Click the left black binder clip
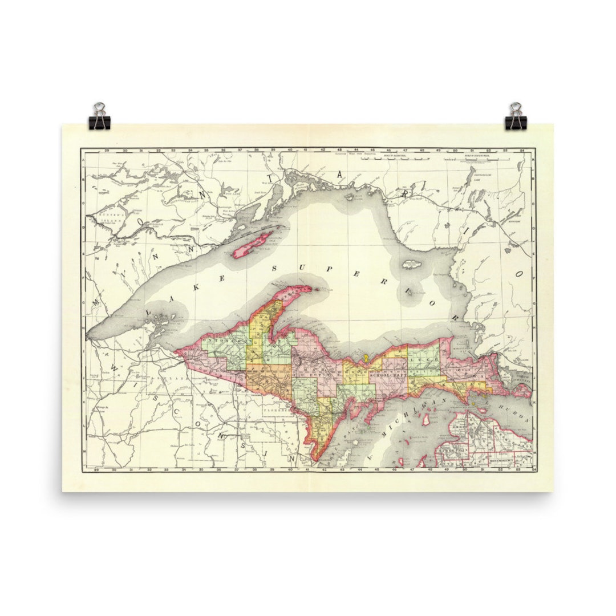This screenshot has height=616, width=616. point(100,116)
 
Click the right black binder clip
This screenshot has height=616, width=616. point(516,116)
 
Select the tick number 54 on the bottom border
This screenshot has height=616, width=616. point(532,469)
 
